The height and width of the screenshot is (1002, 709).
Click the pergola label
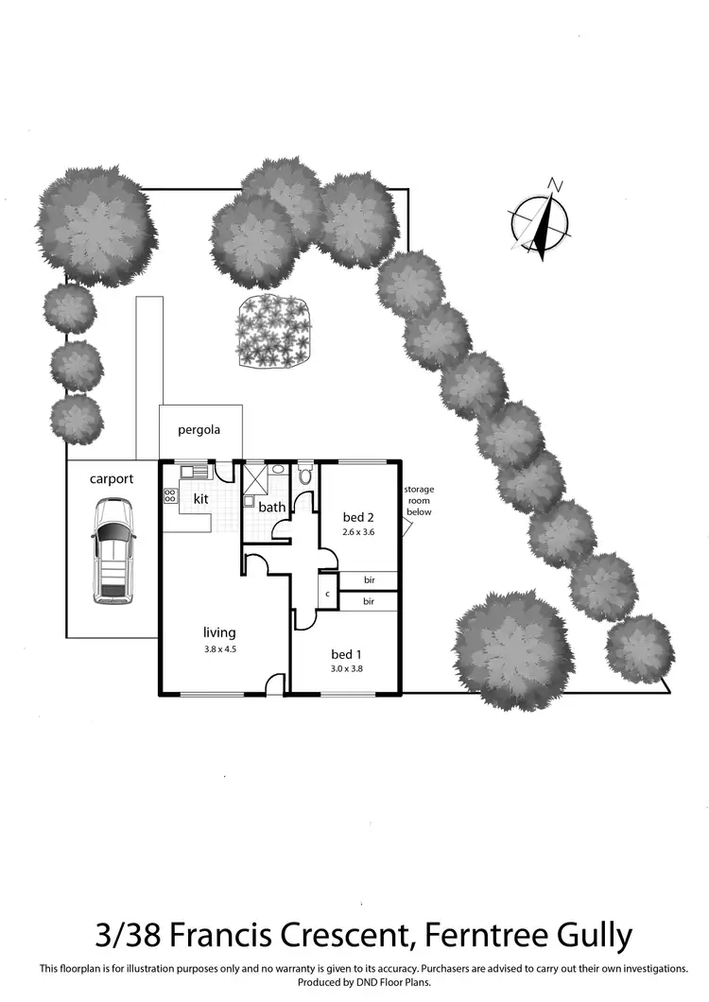199,429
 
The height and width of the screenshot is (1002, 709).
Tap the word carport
112,478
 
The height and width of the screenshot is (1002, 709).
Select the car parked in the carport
112,551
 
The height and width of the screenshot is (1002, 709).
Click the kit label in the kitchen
200,498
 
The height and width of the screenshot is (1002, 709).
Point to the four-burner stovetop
170,494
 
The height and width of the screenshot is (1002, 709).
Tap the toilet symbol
304,474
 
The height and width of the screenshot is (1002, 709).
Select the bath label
272,508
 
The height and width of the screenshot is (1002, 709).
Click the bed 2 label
359,517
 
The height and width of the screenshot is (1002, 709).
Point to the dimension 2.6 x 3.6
359,532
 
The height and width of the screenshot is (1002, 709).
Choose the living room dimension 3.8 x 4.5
219,648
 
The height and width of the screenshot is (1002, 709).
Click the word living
219,632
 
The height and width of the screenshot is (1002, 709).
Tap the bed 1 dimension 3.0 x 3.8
347,669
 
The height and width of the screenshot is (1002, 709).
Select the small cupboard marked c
326,594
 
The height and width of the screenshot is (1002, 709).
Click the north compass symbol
542,220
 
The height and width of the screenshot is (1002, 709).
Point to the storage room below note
418,501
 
